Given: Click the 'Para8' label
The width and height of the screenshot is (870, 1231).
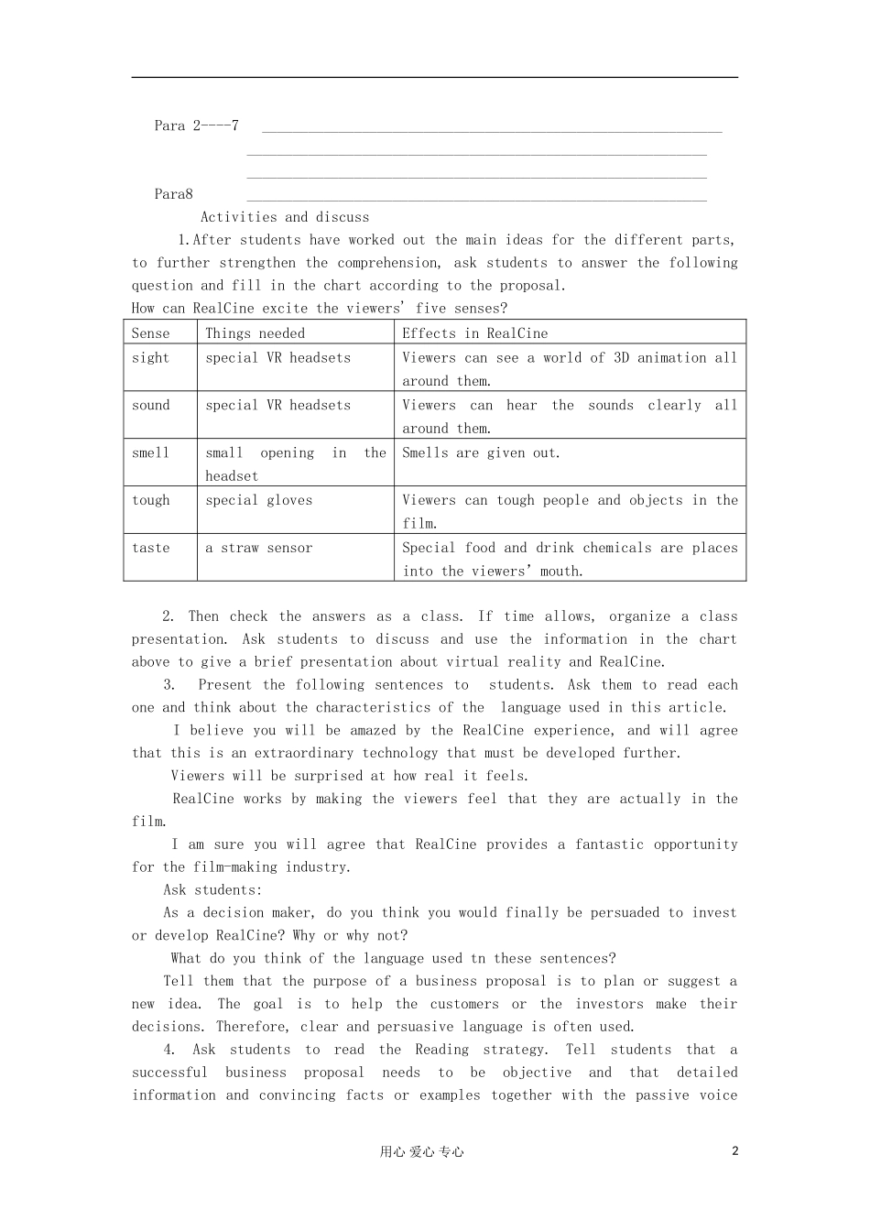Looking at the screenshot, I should coord(173,194).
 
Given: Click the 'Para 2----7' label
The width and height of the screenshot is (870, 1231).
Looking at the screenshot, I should coord(196,125).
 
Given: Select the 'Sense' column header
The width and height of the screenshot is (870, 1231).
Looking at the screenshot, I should coord(150,333).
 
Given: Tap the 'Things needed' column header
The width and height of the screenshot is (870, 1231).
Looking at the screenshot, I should coord(255,333).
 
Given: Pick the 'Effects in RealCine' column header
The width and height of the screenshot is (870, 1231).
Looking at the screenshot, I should coord(474,333).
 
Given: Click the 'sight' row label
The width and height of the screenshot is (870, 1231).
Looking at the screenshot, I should coord(150,357).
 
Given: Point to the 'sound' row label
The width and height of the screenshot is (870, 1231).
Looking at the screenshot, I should coord(150,405).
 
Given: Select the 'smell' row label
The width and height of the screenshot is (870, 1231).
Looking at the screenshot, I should coord(150,452).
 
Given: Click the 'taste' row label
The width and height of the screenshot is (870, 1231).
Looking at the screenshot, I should coord(150,548).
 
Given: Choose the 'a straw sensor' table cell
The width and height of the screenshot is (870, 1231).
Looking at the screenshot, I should coord(258,548).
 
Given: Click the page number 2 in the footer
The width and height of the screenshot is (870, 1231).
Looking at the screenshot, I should coord(734,1151).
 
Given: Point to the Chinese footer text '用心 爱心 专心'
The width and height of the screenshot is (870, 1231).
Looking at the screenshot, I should coord(421,1152).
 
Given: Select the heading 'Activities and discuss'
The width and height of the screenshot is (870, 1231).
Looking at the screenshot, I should coord(285,217).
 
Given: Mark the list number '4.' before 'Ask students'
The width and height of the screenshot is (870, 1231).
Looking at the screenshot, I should coord(169,1050).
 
